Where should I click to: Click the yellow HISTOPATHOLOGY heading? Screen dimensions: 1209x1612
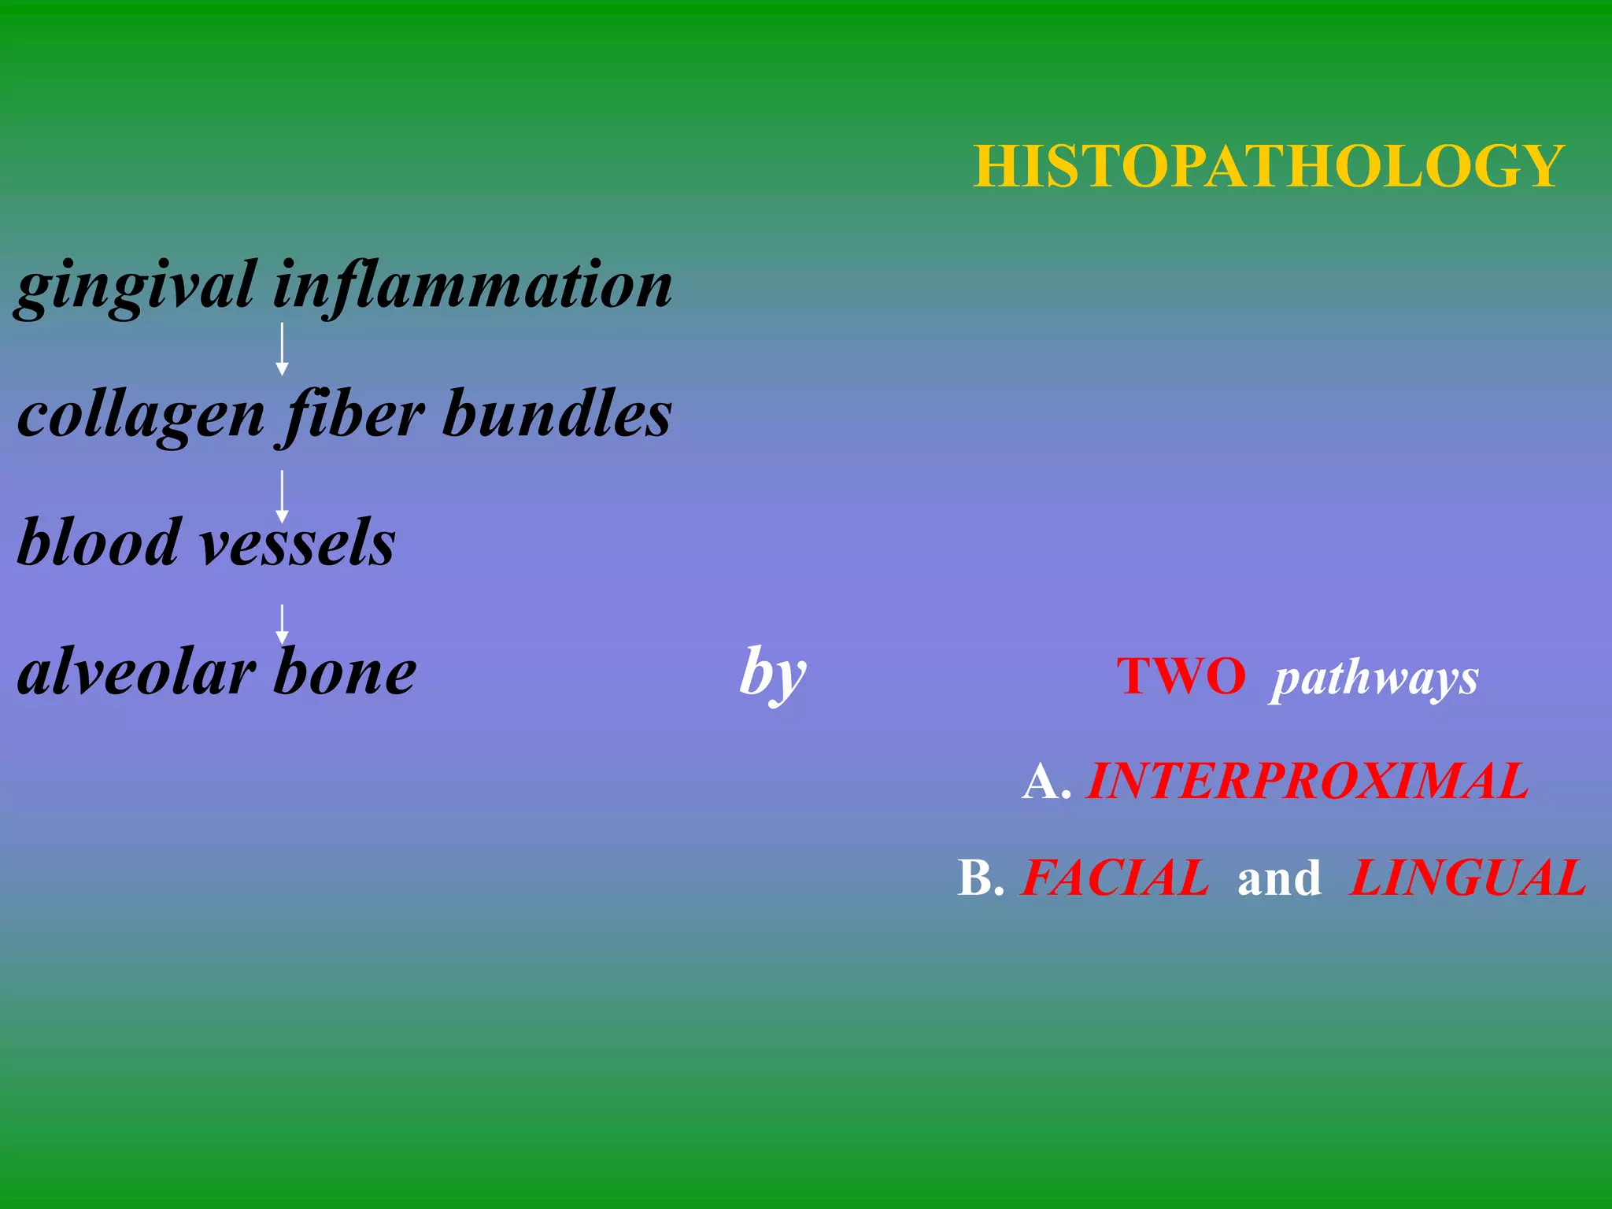(1269, 166)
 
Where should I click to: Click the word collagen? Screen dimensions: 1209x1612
(142, 416)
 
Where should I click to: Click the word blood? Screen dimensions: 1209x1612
(99, 543)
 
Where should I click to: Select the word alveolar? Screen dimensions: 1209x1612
(137, 673)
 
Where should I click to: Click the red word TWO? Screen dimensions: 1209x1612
(1181, 676)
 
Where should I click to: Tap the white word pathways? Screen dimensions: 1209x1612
(1375, 678)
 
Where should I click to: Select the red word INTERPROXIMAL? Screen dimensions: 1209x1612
(1307, 782)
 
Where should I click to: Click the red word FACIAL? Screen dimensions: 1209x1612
(1115, 878)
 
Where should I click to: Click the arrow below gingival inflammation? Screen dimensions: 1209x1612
(282, 349)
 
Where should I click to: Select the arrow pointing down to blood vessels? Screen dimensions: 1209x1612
(282, 497)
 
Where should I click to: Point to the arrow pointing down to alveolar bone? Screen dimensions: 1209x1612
(282, 625)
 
